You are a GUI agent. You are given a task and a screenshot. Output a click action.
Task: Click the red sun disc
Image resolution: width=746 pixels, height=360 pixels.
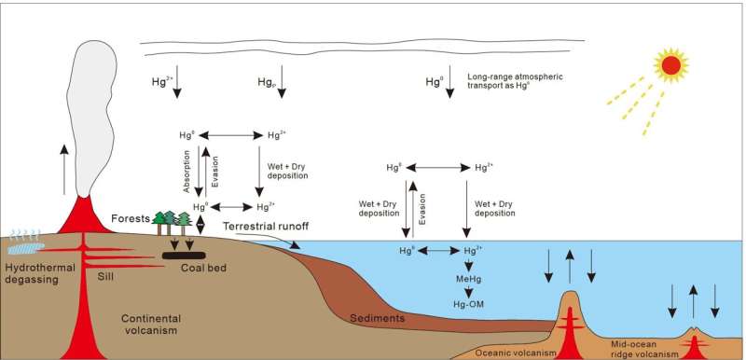click(670, 65)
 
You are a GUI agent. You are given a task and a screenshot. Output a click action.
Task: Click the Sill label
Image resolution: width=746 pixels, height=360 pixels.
click(108, 277)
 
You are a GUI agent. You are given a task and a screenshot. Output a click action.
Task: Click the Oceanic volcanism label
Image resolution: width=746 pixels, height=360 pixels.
click(516, 352)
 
